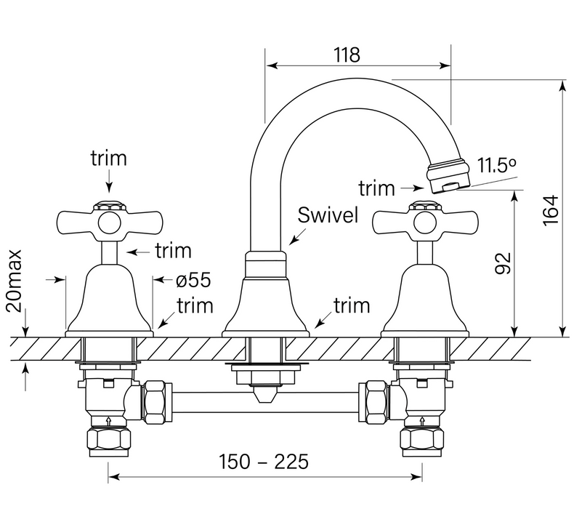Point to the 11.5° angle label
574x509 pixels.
pos(497,165)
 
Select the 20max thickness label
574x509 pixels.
pos(15,281)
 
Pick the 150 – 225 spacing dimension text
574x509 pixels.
pos(264,461)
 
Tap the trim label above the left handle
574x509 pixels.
pos(108,157)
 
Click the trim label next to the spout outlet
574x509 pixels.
pos(376,188)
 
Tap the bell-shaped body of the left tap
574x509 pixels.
pos(108,302)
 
